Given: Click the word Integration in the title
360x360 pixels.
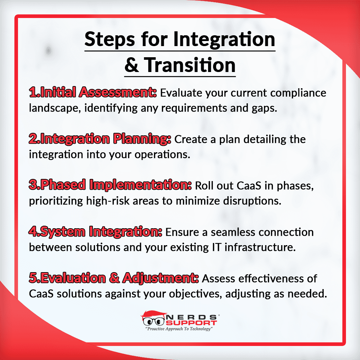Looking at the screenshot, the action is [x=224, y=40].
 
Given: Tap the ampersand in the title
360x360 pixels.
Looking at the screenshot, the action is [x=131, y=65].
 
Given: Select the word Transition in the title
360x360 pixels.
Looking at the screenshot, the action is [x=190, y=65].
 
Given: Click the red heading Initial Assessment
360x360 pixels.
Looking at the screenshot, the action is [x=93, y=92].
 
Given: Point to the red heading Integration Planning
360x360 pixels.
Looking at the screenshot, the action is [x=100, y=139].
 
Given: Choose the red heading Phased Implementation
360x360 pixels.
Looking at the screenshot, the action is [x=110, y=185].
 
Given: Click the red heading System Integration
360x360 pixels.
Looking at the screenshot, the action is [x=95, y=231].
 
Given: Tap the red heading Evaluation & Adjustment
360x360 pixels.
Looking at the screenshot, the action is [x=114, y=278].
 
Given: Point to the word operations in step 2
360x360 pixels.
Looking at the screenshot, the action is [x=162, y=154].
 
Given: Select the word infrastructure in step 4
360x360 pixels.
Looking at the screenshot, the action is [x=260, y=247].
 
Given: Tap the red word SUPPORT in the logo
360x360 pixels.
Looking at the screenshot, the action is [x=191, y=323].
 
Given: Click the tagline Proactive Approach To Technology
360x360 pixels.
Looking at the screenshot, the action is [x=179, y=329].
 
